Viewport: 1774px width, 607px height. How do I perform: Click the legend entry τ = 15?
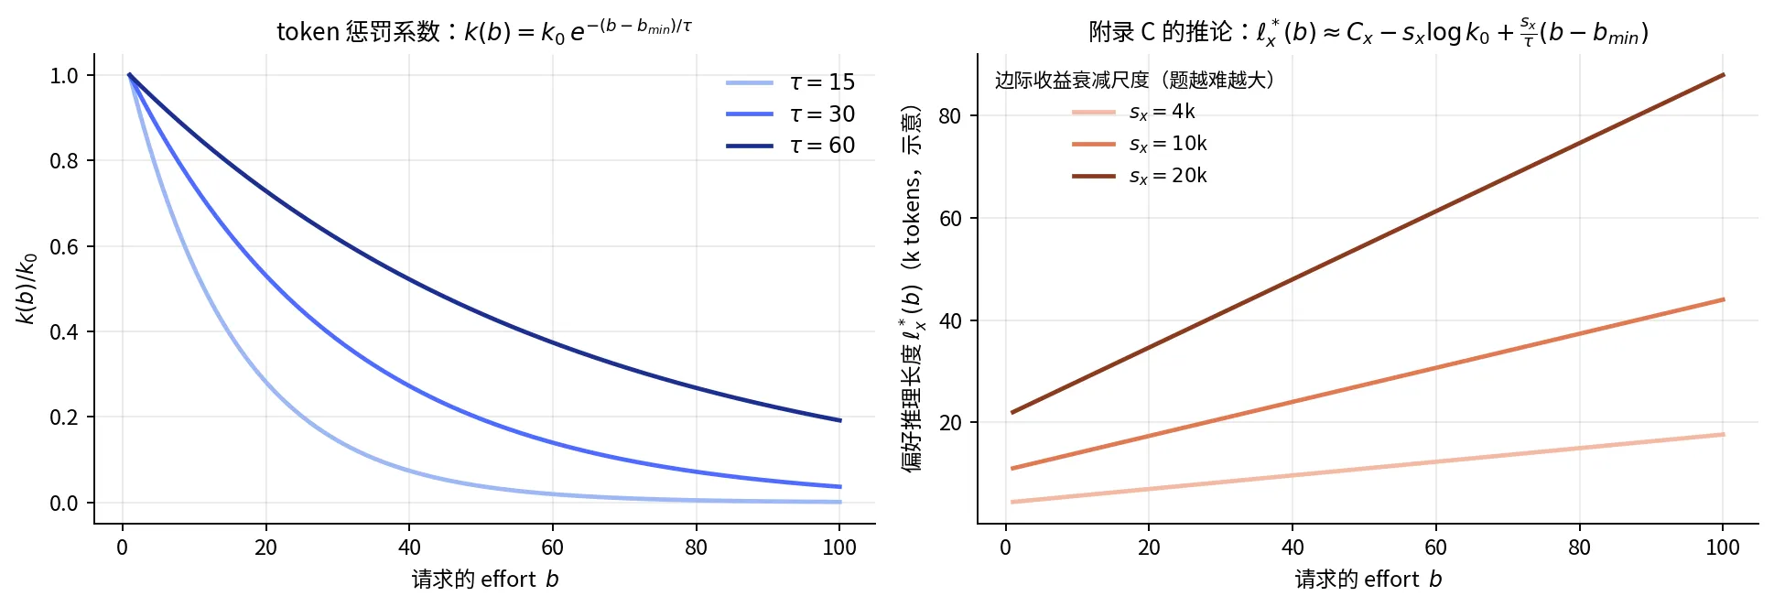click(x=790, y=82)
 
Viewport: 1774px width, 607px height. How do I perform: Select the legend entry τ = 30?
click(x=790, y=114)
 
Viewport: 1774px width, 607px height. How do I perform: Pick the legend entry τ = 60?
click(x=790, y=146)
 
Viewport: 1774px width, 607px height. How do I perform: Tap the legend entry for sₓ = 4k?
click(x=1133, y=112)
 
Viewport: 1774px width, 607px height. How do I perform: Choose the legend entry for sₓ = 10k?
click(x=1140, y=144)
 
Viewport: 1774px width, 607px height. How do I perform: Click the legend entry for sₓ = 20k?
click(x=1140, y=176)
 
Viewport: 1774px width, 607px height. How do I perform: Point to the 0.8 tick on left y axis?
click(x=64, y=161)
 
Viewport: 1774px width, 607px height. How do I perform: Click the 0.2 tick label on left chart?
click(x=64, y=417)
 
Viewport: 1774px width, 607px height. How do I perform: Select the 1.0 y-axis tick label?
click(x=64, y=76)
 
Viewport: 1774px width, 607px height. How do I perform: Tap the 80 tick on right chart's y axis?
click(x=950, y=116)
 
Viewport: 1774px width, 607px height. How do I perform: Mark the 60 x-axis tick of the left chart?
click(x=553, y=547)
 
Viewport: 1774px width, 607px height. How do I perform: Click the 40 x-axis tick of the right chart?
click(x=1293, y=547)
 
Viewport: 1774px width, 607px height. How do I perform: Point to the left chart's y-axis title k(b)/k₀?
click(x=27, y=288)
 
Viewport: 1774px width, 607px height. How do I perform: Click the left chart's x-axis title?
click(x=485, y=580)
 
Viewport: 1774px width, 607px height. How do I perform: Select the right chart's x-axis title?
click(x=1368, y=580)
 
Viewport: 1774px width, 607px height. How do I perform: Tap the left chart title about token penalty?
click(x=484, y=31)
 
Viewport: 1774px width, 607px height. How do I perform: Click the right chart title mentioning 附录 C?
click(x=1368, y=32)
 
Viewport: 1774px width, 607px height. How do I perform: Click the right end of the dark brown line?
click(x=1724, y=75)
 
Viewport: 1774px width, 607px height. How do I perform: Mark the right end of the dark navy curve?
click(x=840, y=420)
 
